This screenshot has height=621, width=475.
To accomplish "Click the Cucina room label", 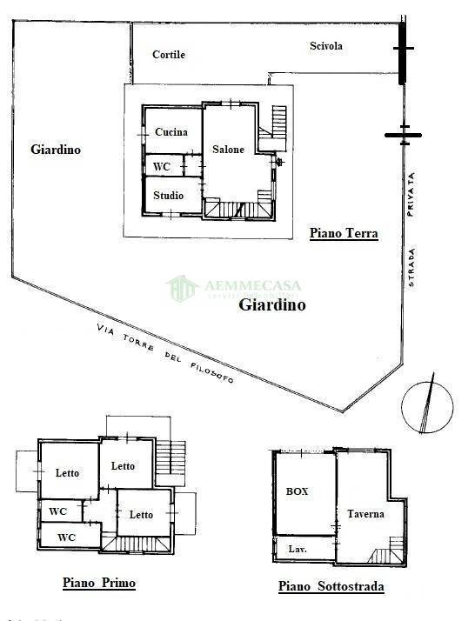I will point(171,132).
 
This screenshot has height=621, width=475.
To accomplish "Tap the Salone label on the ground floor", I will point(228,150).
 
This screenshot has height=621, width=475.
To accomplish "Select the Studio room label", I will point(168,196).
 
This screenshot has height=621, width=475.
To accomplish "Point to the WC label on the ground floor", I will point(162,166).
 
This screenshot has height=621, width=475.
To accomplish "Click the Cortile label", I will point(169,54).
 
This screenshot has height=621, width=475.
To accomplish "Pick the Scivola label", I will point(326,46).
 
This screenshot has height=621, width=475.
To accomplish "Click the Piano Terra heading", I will point(345,233).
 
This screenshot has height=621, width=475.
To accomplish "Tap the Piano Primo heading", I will point(98,583).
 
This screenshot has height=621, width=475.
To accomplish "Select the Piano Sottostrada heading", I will point(331,586).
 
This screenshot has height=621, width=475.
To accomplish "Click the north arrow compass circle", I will point(427,404).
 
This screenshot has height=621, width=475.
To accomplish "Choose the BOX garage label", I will point(298,491).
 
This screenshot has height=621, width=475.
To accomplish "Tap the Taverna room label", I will point(365,514).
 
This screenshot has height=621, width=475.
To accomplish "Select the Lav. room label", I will point(296,549).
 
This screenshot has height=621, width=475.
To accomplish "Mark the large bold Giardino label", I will point(272,305).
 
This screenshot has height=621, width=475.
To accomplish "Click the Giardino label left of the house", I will point(56,150).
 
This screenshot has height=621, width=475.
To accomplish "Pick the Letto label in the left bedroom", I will point(67,473).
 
